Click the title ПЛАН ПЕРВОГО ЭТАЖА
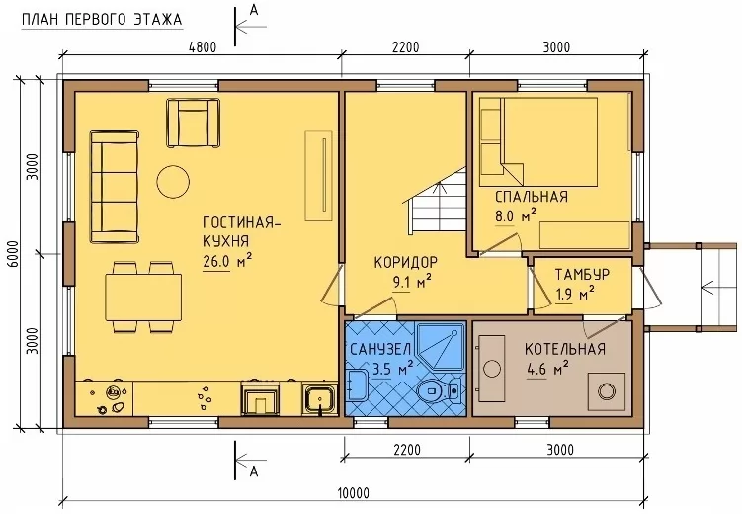coord(102,19)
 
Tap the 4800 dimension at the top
coord(203,47)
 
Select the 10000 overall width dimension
coord(354,493)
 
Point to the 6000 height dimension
coord(13,254)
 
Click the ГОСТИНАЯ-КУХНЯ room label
coord(241,231)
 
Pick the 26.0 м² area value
coord(227,261)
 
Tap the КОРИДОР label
coord(406,262)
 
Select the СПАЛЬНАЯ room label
coord(532,197)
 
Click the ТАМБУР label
coord(582,275)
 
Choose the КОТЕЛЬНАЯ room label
coord(565,349)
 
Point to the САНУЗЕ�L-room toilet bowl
coord(439,390)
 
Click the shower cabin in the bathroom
coord(441,346)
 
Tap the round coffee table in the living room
coord(173,181)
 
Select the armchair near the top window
coord(193,123)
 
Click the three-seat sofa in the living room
coord(115,187)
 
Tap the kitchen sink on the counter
coord(320,398)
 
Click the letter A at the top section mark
coord(254,11)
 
